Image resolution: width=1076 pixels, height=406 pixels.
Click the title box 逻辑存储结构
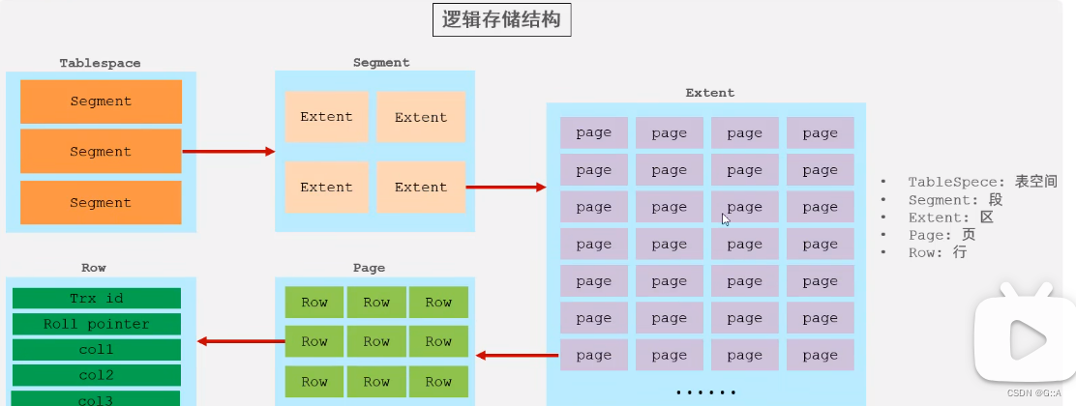coord(501,20)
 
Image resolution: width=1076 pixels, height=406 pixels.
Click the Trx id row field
coord(97,299)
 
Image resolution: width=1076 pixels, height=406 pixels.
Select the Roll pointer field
coord(97,324)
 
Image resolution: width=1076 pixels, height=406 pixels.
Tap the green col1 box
coord(97,349)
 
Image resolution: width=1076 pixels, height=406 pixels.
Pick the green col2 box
coord(97,374)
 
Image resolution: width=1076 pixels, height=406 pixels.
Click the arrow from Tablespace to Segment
coord(228,152)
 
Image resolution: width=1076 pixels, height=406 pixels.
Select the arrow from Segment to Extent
coord(506,187)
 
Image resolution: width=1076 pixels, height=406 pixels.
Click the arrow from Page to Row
coord(240,340)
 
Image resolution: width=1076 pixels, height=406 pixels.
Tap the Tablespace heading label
coord(100,63)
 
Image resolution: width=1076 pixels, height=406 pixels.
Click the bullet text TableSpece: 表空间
coord(982,182)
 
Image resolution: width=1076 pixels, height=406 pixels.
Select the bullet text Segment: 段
coord(955,199)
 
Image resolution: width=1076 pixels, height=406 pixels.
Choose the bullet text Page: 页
coord(941,235)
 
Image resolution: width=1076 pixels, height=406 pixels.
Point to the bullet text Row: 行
coord(937,252)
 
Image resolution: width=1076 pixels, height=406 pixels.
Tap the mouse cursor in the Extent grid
coord(726,218)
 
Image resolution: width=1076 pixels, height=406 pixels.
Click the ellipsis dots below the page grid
coord(705,392)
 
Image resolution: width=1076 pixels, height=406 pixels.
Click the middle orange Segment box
coord(101,152)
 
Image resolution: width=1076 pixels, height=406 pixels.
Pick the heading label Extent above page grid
coord(709,93)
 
